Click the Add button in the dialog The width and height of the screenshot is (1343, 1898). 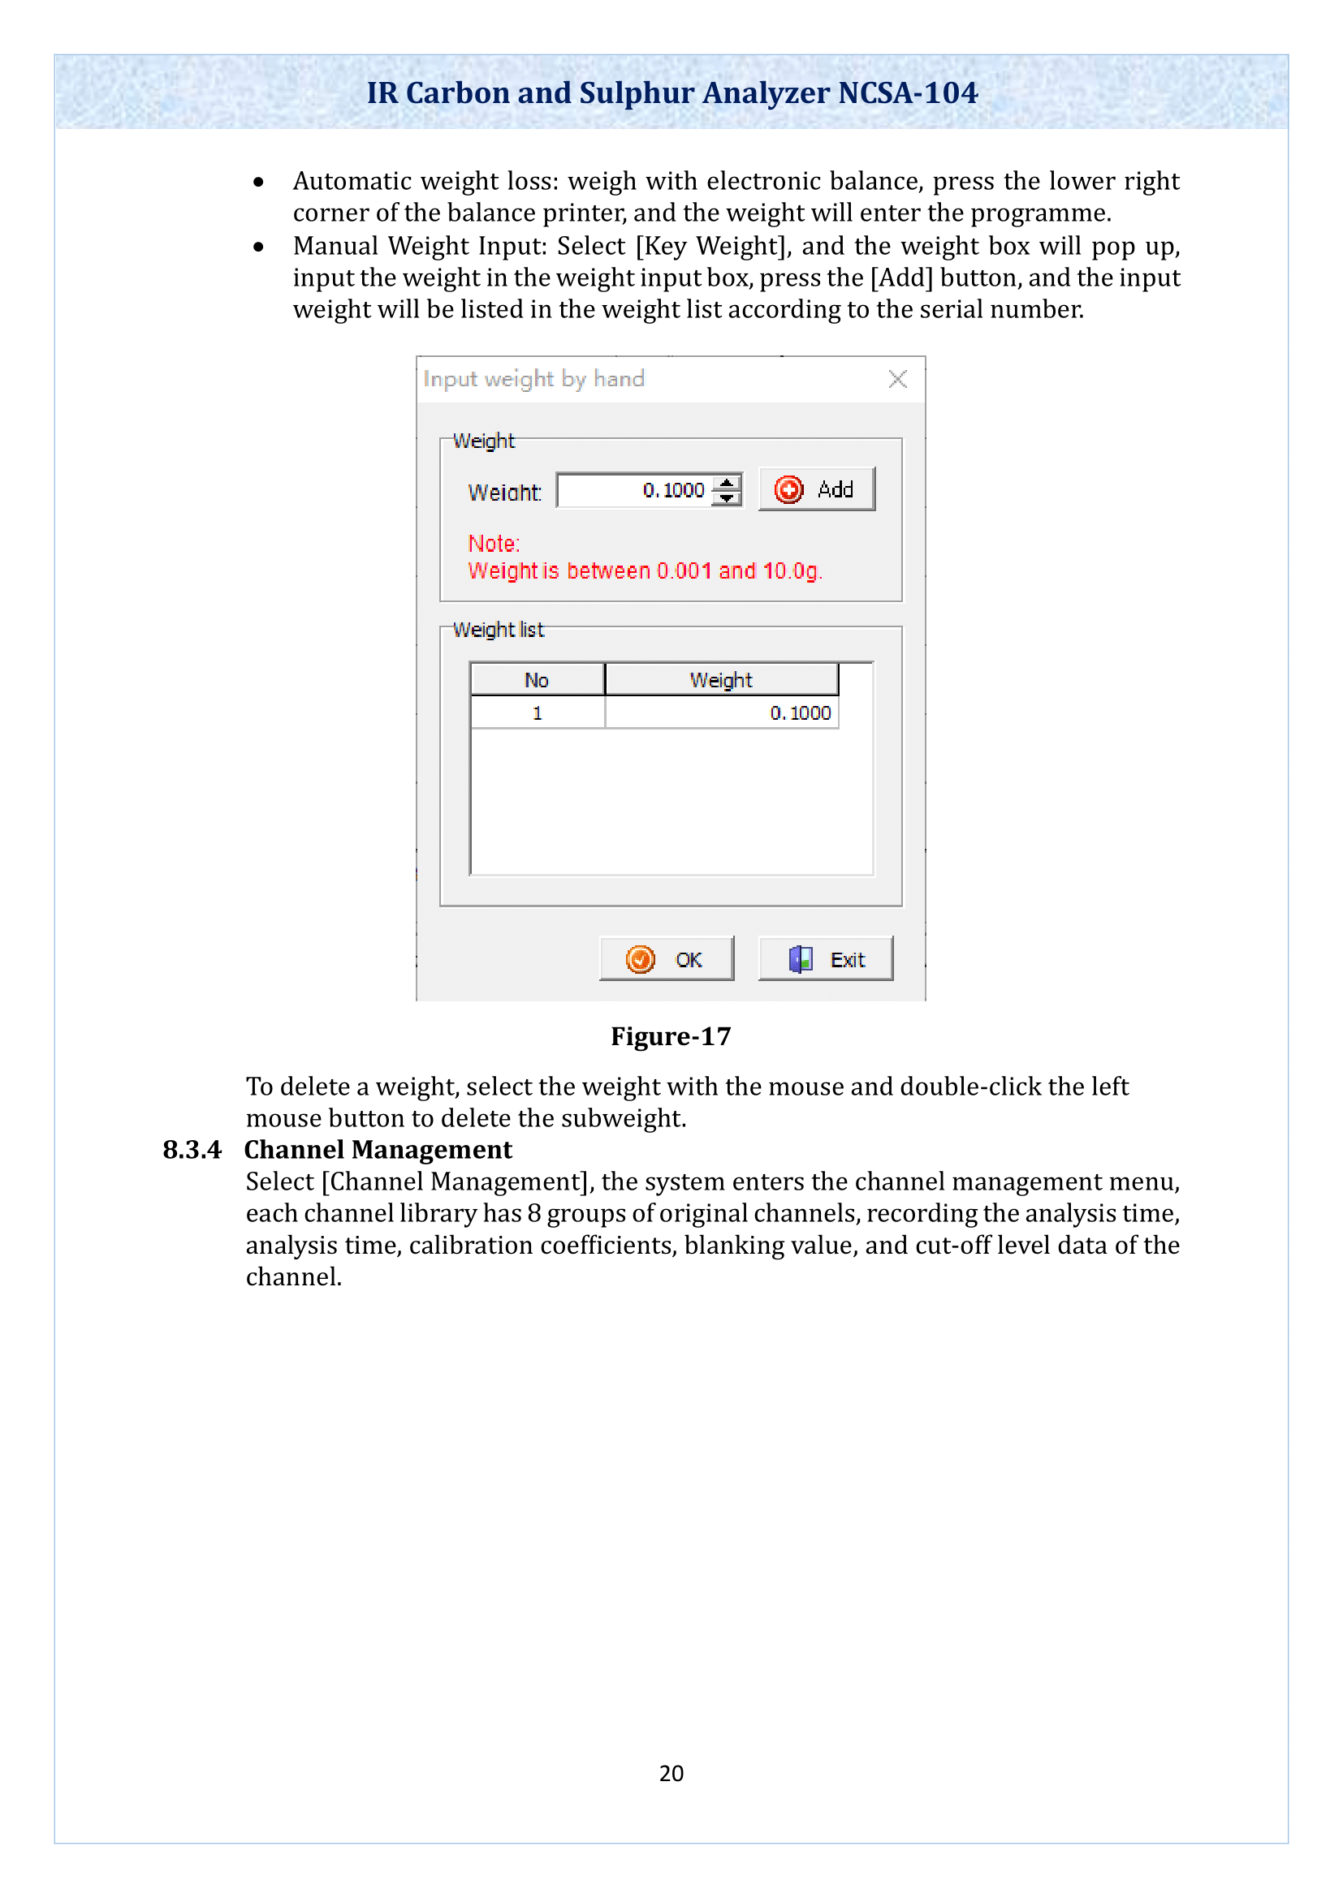click(815, 489)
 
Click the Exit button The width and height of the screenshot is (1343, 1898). click(825, 959)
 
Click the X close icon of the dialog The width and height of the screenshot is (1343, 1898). click(897, 379)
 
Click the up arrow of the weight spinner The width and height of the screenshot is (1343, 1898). click(726, 483)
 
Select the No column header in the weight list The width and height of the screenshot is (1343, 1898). click(537, 679)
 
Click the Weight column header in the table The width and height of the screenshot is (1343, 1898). click(721, 679)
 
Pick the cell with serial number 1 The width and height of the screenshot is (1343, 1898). click(537, 712)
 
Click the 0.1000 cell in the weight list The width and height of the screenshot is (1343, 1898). click(721, 712)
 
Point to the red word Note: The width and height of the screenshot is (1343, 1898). click(494, 543)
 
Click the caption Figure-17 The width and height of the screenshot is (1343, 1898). click(671, 1035)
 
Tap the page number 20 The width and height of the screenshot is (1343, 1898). click(671, 1772)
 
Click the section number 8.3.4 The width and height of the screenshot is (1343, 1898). click(192, 1150)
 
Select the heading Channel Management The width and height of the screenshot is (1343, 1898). click(378, 1150)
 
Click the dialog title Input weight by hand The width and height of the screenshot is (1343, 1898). click(533, 379)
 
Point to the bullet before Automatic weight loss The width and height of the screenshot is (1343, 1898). click(259, 182)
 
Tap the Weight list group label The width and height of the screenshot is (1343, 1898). click(498, 630)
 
